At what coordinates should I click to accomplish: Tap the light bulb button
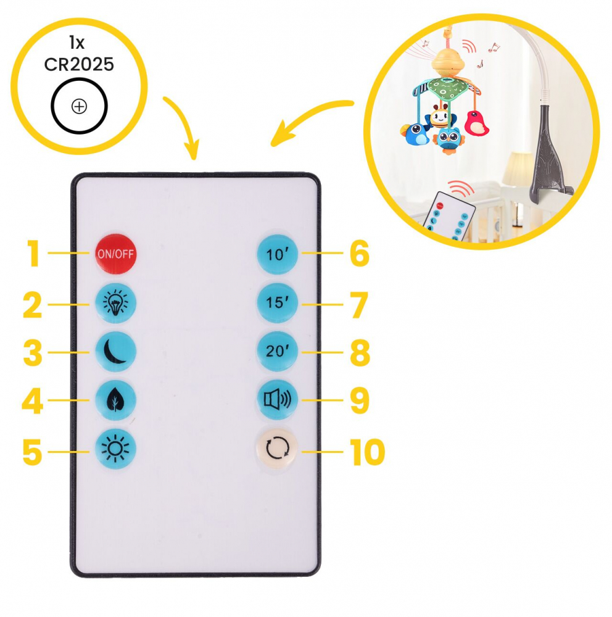point(116,303)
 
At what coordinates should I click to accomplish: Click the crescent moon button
point(116,352)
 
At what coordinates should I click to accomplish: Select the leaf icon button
point(116,400)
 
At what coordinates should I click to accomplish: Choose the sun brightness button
point(116,449)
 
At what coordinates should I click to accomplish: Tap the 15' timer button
point(278,303)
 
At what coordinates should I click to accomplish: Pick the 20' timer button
point(278,351)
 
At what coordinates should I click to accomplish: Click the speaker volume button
point(278,400)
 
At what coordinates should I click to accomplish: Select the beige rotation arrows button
point(276,449)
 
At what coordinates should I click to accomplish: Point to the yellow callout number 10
point(367,452)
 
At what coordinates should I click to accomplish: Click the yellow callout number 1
point(34,254)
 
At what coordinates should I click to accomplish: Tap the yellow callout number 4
point(32,402)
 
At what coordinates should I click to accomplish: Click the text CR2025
point(79,64)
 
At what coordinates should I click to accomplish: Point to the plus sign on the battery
point(79,106)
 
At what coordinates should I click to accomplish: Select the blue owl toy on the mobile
point(449,139)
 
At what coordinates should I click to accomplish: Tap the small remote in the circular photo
point(449,215)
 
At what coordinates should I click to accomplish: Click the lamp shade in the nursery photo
point(517,168)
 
